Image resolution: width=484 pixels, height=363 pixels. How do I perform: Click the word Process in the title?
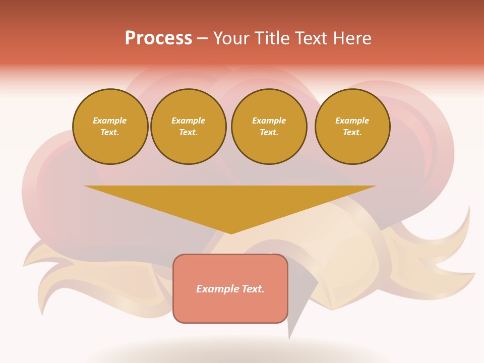coord(158,38)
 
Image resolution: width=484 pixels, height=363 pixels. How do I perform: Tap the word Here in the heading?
coord(351,38)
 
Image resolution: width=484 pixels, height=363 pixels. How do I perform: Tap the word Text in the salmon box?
coord(252,289)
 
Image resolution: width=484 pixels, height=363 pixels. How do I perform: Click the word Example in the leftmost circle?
coord(110,120)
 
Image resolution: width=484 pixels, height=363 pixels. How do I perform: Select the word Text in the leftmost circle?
coord(110,132)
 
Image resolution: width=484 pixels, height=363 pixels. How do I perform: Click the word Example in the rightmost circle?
coord(352,120)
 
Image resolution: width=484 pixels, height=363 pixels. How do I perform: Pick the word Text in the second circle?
coord(189,132)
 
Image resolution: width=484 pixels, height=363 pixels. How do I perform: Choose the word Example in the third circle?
coord(269,120)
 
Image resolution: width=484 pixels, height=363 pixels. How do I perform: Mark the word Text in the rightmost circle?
coord(352,132)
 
